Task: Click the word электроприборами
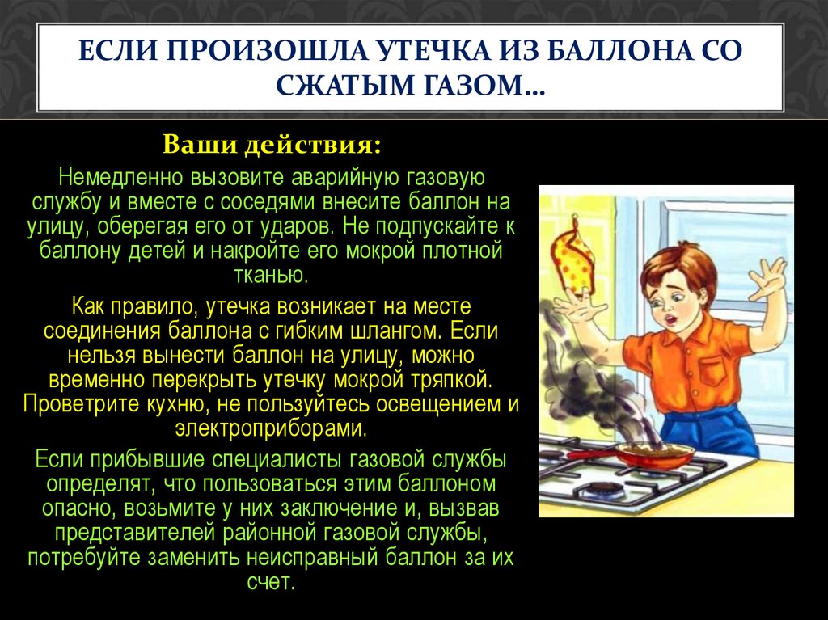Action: [271, 428]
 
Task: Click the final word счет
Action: [270, 583]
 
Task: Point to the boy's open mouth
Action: [670, 320]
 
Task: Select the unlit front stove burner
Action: [604, 490]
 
